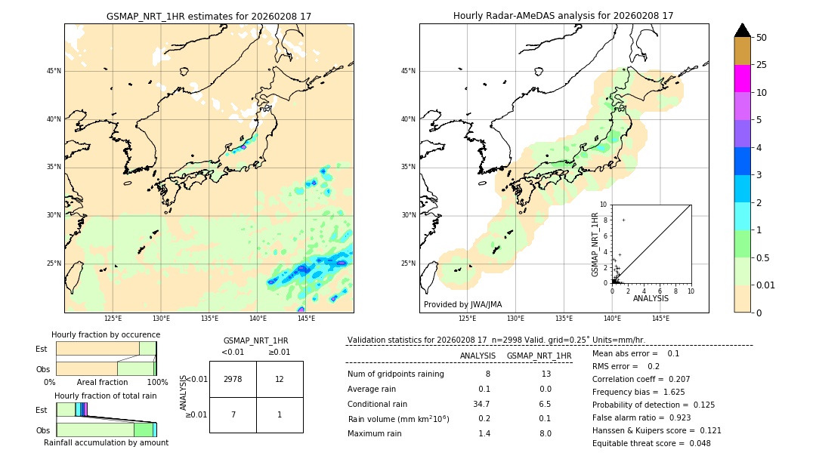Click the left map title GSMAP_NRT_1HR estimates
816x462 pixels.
coord(209,16)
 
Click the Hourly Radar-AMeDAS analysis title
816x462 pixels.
coord(564,16)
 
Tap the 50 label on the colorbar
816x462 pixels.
coord(762,38)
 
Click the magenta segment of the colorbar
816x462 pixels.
coord(742,79)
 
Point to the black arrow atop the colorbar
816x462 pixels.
coord(742,30)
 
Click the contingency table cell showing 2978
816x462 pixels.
coord(233,379)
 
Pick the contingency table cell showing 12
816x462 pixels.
coord(280,379)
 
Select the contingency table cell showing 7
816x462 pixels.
coord(233,414)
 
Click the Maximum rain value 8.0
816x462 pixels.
coord(545,433)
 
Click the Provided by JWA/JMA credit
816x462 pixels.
coord(462,305)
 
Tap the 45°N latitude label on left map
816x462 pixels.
coord(54,71)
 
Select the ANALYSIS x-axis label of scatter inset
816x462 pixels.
coord(651,298)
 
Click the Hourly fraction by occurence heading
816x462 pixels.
coord(106,334)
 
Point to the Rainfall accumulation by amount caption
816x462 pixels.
coord(106,442)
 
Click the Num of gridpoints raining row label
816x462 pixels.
coord(396,374)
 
